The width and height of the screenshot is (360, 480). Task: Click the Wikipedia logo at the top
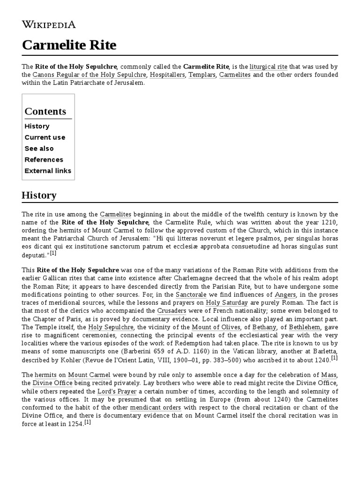click(49, 25)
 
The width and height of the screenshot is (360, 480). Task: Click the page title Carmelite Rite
click(69, 45)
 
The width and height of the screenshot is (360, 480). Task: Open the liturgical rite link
click(269, 67)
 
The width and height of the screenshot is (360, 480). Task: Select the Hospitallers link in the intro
click(167, 75)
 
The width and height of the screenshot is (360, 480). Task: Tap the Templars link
click(202, 75)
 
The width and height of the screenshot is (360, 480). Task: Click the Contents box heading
click(45, 112)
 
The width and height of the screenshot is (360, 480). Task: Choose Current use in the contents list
click(45, 137)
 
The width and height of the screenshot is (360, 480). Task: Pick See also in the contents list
click(39, 149)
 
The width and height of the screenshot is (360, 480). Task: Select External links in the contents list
click(48, 171)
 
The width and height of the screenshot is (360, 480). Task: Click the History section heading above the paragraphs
click(39, 195)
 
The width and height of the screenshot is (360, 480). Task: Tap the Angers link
click(285, 295)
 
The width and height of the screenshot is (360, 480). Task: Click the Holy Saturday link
click(227, 303)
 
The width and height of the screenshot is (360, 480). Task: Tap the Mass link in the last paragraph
click(329, 375)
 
